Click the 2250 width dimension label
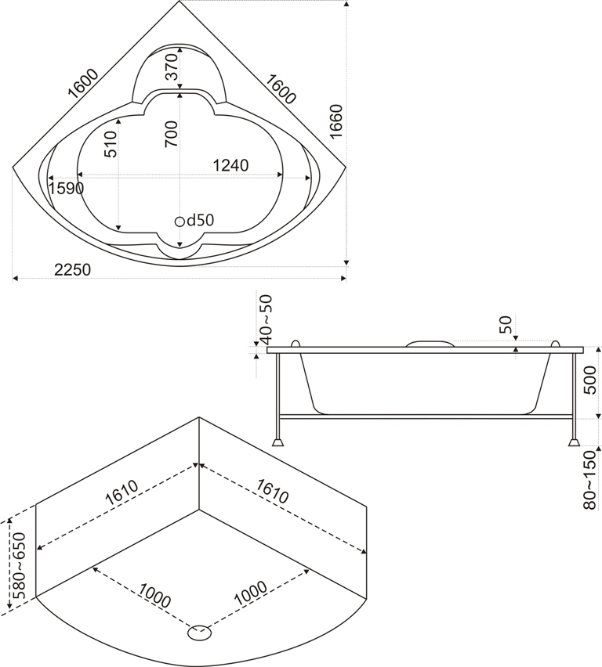pos(73,269)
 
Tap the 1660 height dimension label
pos(336,121)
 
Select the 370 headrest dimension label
pos(171,67)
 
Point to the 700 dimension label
pos(171,134)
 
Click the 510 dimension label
pos(110,144)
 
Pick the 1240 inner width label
pos(230,165)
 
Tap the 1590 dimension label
pos(66,188)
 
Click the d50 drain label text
pos(200,220)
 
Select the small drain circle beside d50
pos(180,222)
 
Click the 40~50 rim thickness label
pos(266,319)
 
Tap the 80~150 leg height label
pos(589,479)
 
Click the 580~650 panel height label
pos(19,565)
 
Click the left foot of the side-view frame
pos(277,442)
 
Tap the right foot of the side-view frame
pos(574,442)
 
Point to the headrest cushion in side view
pos(430,343)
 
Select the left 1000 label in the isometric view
pos(154,595)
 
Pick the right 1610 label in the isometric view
pos(273,491)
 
